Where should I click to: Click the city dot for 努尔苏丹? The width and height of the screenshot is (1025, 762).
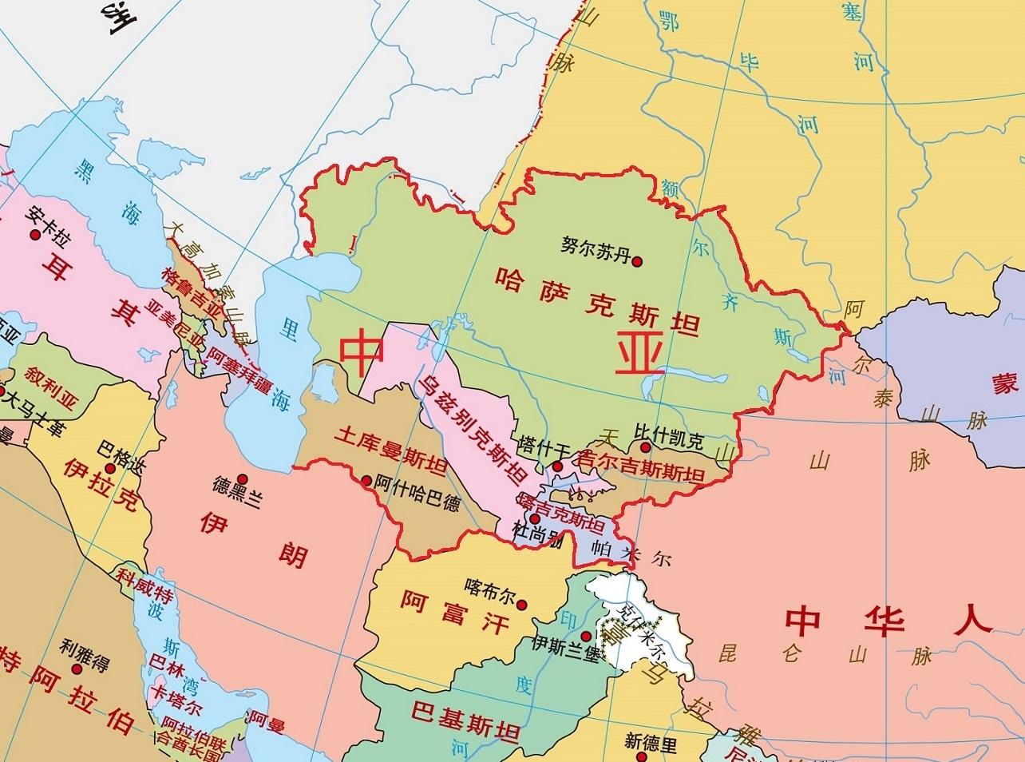click(x=637, y=260)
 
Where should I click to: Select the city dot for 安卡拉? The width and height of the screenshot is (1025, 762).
click(x=34, y=235)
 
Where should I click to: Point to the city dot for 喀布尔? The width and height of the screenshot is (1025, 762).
click(x=522, y=605)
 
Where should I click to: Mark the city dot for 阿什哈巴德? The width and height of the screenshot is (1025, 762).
click(x=366, y=481)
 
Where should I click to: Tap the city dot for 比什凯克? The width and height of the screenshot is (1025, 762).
click(x=644, y=447)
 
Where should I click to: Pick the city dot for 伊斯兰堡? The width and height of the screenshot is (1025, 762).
click(x=587, y=636)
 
